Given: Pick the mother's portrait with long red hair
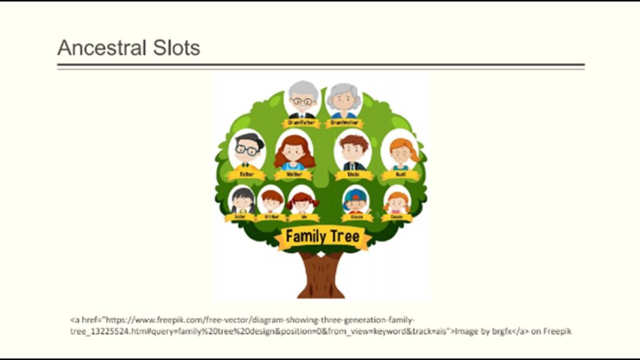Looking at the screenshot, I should [x=294, y=151].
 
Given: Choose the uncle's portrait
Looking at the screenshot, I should [x=353, y=151].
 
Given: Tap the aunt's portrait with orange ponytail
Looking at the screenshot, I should [x=401, y=151].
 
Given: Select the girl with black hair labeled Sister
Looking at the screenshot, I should [x=242, y=201].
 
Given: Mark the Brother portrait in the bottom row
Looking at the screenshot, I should [x=272, y=201].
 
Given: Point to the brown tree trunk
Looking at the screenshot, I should [x=321, y=275].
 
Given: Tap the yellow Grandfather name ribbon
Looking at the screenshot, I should [x=302, y=123].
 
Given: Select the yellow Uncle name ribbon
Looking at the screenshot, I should [x=353, y=176].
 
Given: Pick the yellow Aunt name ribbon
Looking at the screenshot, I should [x=401, y=176].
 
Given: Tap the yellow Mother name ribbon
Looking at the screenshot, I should [x=294, y=176].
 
